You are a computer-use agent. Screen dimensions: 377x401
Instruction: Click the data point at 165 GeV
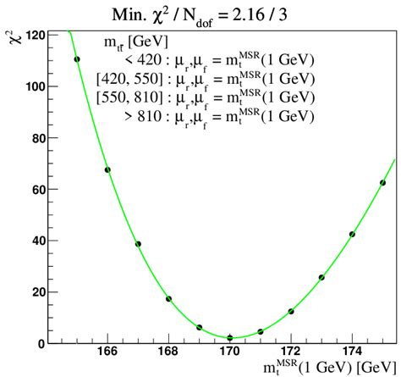point(77,59)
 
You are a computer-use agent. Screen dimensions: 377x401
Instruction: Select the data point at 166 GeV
point(107,169)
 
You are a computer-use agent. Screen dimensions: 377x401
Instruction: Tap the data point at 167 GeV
point(138,244)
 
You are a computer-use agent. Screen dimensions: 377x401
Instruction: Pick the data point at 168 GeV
point(168,298)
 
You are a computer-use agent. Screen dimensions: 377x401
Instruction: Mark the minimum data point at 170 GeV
point(230,338)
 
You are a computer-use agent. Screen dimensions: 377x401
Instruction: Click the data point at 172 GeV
point(291,312)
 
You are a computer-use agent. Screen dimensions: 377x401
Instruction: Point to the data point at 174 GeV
point(352,235)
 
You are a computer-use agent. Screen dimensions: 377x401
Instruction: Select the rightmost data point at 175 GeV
point(382,182)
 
